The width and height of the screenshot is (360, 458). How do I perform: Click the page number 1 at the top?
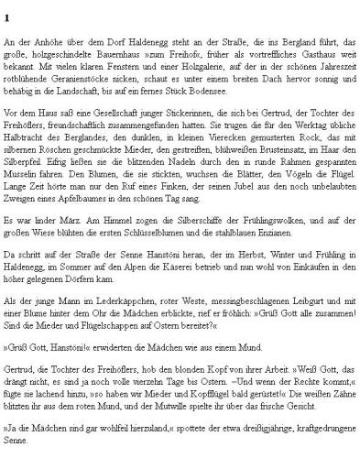point(7,16)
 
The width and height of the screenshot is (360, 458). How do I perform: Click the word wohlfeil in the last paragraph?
point(108,430)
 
